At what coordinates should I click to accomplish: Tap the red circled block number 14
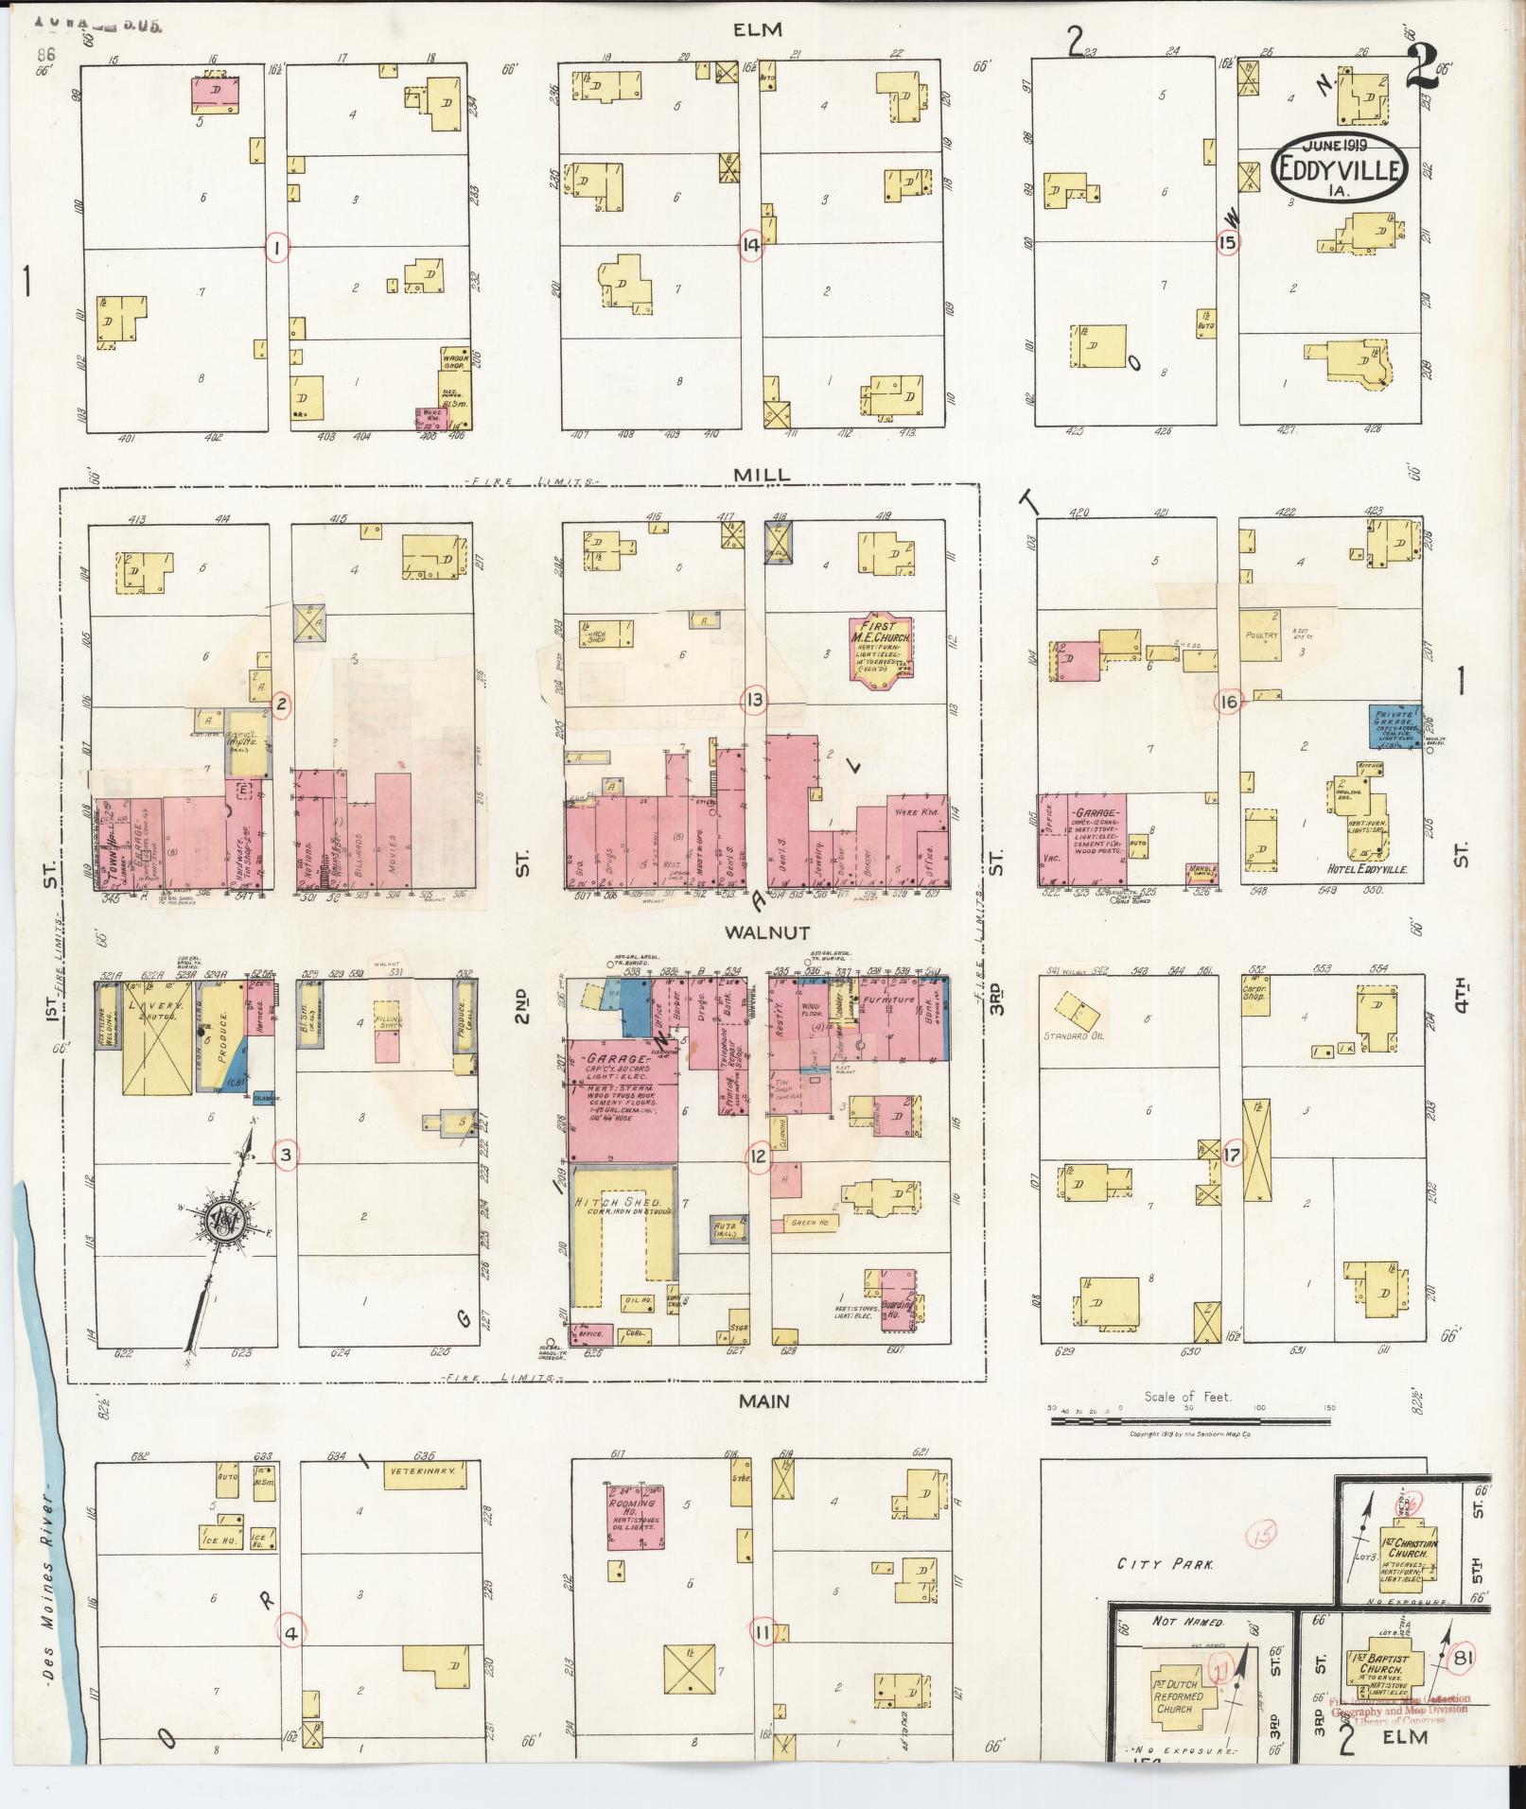click(751, 247)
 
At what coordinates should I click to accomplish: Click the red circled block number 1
click(276, 248)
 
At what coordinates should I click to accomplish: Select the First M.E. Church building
click(882, 646)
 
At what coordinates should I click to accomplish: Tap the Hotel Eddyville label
click(1367, 869)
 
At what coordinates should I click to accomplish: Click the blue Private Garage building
click(1395, 726)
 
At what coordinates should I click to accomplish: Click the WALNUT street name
click(764, 931)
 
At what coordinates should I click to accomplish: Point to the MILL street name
click(764, 474)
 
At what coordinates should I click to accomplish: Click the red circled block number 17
click(1232, 1154)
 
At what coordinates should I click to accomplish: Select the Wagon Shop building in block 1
click(453, 363)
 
